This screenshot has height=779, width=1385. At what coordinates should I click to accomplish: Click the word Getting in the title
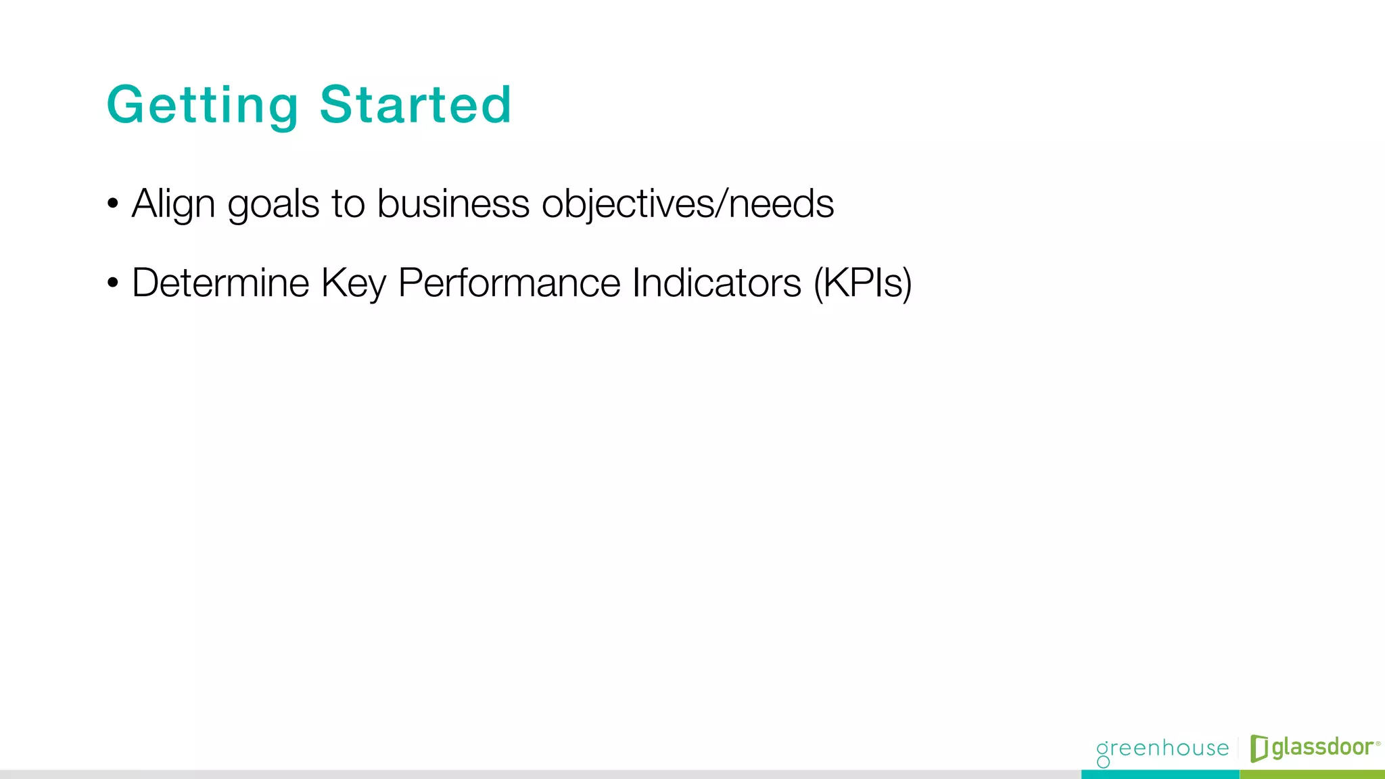coord(202,105)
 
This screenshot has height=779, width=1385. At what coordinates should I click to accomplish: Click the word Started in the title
coord(415,105)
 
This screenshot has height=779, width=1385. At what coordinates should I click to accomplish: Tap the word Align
coord(173,204)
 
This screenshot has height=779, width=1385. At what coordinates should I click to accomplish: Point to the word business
coord(452,204)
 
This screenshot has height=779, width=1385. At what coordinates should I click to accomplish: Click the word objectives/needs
coord(687,204)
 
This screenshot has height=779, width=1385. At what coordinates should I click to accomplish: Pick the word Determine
coord(220,283)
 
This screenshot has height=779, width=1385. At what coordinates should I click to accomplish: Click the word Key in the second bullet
coord(353,284)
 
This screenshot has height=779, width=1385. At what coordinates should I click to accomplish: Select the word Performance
coord(509,283)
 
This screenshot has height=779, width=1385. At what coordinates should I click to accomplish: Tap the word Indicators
coord(716,283)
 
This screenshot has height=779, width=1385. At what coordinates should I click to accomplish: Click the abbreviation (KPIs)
coord(862,284)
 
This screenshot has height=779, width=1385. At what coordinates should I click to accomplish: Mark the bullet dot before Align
coord(113,204)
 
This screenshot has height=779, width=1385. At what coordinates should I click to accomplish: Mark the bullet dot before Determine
coord(113,283)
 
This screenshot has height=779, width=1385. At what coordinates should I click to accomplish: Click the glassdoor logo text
coord(1322,747)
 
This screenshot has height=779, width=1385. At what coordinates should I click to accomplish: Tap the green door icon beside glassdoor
coord(1259,748)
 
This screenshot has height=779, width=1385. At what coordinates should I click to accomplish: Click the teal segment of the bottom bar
coord(1160,774)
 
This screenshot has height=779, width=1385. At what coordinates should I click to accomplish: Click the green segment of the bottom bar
coord(1312,774)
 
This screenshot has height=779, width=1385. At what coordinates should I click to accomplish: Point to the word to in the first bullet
coord(348,204)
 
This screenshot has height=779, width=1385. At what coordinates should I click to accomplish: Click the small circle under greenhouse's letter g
coord(1103,762)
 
